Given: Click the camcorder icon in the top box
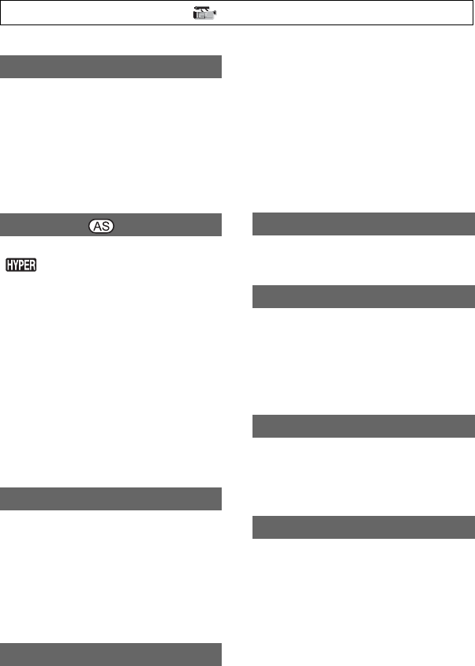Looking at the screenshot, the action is pos(205,13).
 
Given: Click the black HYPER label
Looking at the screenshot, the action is pos(24,265).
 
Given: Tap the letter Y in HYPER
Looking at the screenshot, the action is pos(17,265).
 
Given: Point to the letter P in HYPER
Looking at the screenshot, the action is pos(24,265).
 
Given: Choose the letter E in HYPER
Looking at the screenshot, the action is pos(31,265).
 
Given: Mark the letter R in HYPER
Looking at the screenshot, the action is pos(38,265).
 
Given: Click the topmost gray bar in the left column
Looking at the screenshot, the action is pos(110,66).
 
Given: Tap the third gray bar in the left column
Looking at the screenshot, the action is pos(110,499).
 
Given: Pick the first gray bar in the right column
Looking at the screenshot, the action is pos(364,224).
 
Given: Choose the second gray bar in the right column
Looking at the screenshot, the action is pos(364,296).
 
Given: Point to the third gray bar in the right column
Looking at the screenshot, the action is pos(364,426).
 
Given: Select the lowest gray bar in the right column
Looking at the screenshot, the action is pos(364,527).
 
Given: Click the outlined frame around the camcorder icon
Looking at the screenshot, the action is pos(395,13).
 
